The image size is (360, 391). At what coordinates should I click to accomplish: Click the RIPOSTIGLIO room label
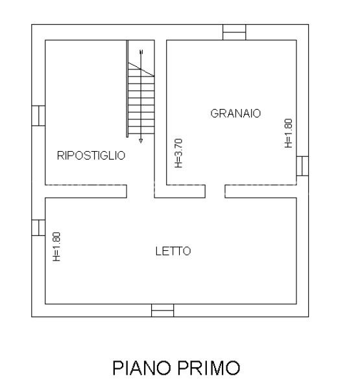pyautogui.click(x=91, y=156)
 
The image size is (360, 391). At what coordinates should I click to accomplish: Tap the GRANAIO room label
pyautogui.click(x=235, y=113)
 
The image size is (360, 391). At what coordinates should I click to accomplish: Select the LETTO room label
pyautogui.click(x=173, y=252)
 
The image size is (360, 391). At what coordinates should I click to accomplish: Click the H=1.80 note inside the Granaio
pyautogui.click(x=289, y=133)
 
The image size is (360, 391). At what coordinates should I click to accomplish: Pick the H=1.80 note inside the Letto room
pyautogui.click(x=56, y=247)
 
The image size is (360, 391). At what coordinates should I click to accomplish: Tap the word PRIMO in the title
pyautogui.click(x=208, y=369)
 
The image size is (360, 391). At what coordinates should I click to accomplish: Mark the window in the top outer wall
pyautogui.click(x=234, y=32)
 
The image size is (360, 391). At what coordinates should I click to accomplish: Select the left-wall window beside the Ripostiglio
pyautogui.click(x=38, y=115)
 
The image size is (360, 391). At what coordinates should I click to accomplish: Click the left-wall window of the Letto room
pyautogui.click(x=38, y=228)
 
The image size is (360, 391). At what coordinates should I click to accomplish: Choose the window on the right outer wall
pyautogui.click(x=302, y=165)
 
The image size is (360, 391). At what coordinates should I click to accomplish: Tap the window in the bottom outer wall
pyautogui.click(x=162, y=311)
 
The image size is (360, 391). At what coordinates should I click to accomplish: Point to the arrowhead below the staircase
pyautogui.click(x=141, y=139)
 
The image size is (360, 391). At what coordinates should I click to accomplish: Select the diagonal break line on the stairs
pyautogui.click(x=141, y=62)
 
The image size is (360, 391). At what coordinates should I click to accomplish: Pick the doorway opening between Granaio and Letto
pyautogui.click(x=215, y=191)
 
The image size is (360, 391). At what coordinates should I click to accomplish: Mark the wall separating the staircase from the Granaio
pyautogui.click(x=160, y=110)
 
